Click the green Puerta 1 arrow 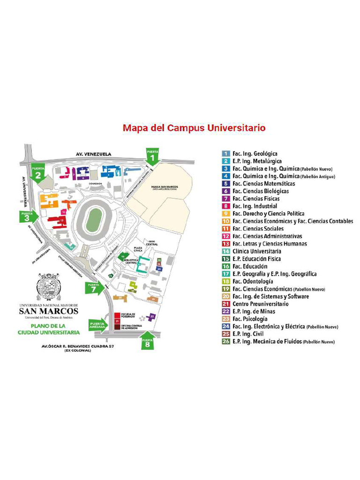pos(152,157)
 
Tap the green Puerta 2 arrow pos(38,172)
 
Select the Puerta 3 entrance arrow pos(27,217)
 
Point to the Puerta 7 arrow pos(95,288)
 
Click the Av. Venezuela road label pos(94,153)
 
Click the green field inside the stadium pos(95,219)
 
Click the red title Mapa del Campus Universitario pos(194,128)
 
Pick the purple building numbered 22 pos(152,317)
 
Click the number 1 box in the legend pos(226,153)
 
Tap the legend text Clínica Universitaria pos(256,251)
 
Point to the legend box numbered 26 pos(226,341)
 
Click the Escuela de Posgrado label pos(128,315)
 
